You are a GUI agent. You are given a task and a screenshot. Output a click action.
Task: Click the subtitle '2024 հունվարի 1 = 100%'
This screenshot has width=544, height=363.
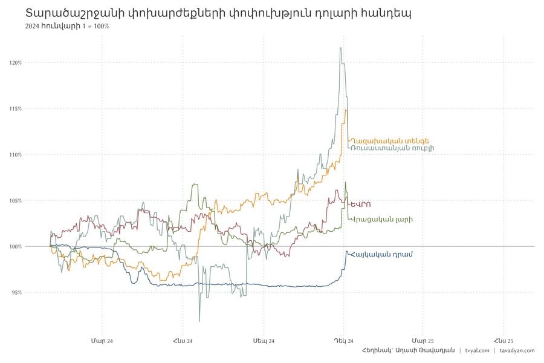click(67, 27)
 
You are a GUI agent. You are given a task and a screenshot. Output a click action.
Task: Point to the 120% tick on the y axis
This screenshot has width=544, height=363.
click(15, 62)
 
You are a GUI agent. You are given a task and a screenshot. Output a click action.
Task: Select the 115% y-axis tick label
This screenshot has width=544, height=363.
click(15, 108)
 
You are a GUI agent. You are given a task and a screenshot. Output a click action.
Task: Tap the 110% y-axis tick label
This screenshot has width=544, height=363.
click(15, 154)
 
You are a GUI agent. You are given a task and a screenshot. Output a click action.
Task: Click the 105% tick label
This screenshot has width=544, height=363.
click(15, 200)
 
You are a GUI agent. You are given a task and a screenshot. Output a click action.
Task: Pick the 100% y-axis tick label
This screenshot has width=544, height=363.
click(15, 246)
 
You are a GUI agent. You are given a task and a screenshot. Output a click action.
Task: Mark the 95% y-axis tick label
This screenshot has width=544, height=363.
click(16, 292)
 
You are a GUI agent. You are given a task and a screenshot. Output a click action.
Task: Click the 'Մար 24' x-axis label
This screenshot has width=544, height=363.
click(102, 341)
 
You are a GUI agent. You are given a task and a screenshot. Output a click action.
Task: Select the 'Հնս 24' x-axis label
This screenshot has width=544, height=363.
click(183, 341)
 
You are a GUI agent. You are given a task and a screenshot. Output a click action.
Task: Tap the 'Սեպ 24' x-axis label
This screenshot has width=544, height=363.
click(264, 341)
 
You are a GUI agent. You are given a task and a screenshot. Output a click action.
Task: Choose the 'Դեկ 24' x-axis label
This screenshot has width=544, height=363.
click(344, 341)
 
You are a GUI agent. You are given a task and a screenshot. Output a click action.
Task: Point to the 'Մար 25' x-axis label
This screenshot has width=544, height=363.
click(423, 341)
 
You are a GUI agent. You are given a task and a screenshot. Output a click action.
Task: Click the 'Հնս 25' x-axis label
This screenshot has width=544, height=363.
click(504, 341)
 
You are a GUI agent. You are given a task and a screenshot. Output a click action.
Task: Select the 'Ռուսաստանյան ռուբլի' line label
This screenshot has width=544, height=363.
click(392, 148)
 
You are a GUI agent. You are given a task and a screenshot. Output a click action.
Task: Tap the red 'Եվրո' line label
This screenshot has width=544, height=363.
click(361, 204)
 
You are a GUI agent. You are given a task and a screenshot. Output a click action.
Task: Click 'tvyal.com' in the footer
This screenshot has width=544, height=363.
click(477, 351)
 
